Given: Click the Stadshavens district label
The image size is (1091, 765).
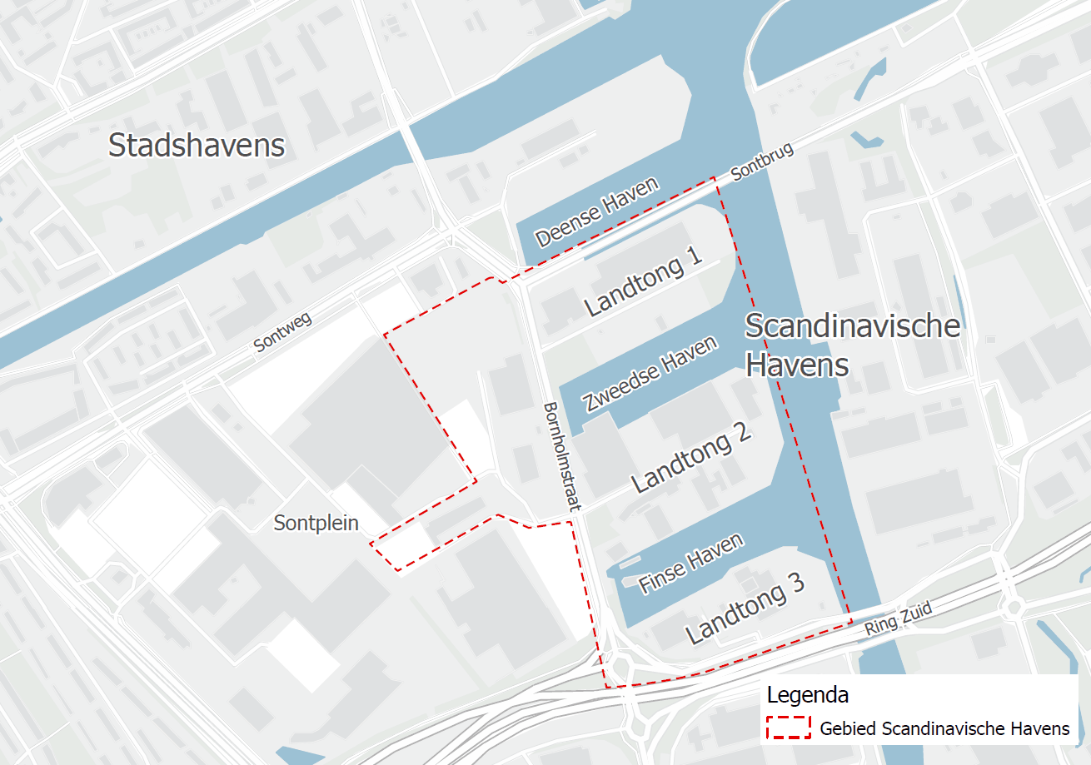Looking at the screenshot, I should click(197, 146).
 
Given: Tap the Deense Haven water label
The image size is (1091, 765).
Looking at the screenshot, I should click(598, 211).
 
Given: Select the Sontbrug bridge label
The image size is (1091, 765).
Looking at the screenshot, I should click(762, 161).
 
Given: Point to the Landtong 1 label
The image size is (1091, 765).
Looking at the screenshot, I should click(642, 282).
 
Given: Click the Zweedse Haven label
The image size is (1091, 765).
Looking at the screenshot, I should click(650, 375).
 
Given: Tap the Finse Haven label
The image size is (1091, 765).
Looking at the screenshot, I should click(690, 564).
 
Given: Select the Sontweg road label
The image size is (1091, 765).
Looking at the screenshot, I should click(283, 332).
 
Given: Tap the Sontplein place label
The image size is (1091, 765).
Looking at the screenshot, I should click(316, 523).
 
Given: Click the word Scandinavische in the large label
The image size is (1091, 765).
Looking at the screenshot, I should click(852, 326).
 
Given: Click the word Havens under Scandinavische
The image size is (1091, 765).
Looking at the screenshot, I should click(796, 365).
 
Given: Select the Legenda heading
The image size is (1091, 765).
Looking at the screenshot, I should click(807, 694).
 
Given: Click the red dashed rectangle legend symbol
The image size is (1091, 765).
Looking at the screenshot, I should click(788, 728).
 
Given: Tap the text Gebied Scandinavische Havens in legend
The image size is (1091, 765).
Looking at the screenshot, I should click(944, 729).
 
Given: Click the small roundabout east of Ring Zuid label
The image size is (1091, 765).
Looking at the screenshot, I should click(1012, 607).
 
